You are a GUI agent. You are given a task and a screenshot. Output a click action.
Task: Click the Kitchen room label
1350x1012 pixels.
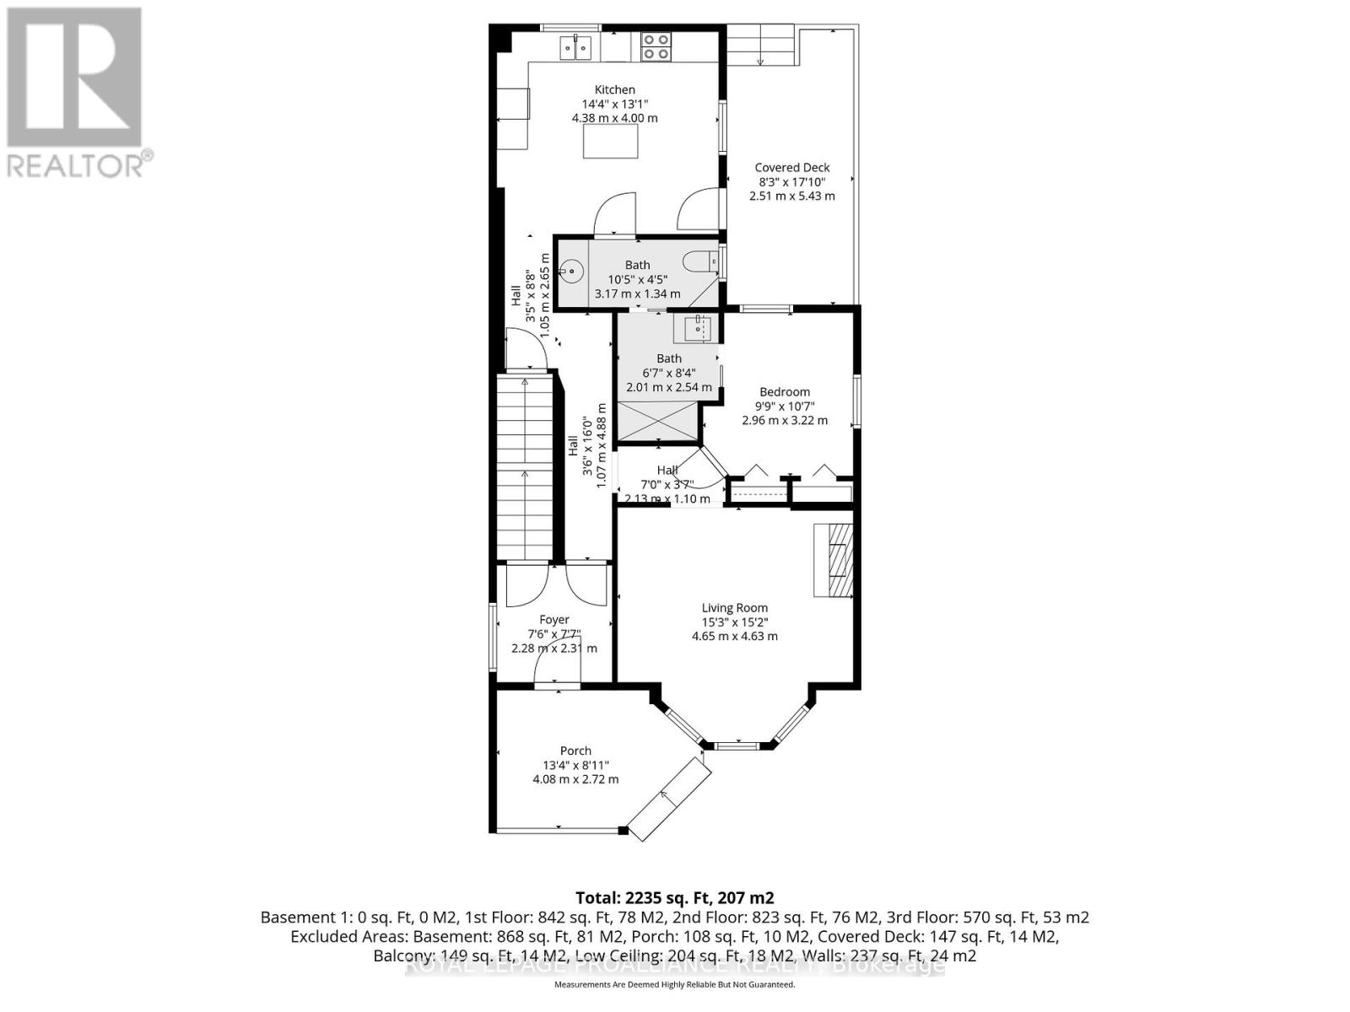(x=614, y=89)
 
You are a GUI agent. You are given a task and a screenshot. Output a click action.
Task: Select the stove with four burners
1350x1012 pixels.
(x=656, y=46)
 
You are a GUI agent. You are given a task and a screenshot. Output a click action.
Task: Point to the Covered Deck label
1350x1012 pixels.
(x=791, y=168)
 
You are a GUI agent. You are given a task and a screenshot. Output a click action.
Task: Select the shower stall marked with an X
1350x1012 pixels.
(x=658, y=421)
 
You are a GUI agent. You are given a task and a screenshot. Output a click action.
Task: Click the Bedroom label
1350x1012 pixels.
(x=785, y=392)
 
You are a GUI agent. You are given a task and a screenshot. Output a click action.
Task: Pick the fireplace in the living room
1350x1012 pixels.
(x=834, y=560)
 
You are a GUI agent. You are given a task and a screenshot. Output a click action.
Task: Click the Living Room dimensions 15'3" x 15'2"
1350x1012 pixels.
(x=734, y=622)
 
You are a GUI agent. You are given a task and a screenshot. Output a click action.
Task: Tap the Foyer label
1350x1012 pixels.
(x=554, y=620)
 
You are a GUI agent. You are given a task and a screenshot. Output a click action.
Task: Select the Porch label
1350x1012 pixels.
(x=575, y=751)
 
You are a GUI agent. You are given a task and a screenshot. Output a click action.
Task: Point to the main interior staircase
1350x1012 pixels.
(x=525, y=468)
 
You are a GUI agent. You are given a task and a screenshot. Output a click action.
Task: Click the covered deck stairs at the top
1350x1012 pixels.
(x=762, y=46)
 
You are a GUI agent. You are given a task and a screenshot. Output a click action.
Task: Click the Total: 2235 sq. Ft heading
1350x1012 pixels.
(x=674, y=897)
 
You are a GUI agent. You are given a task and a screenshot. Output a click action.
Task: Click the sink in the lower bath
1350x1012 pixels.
(x=698, y=327)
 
